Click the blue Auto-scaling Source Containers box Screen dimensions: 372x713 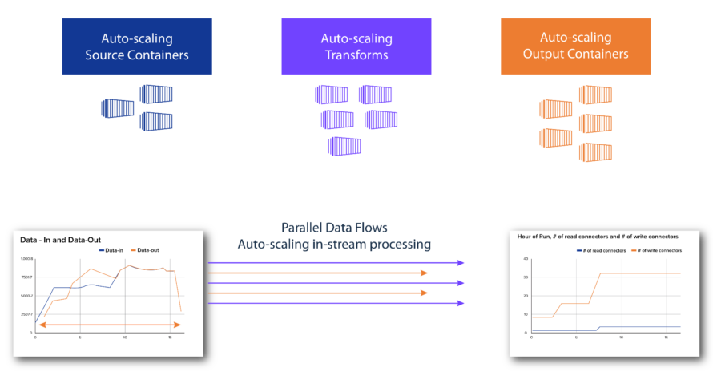(137, 46)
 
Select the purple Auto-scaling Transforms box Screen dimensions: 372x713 (356, 46)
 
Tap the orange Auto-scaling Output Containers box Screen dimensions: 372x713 (575, 46)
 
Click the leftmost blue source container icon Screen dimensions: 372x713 (117, 107)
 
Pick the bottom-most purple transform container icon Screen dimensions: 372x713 (345, 147)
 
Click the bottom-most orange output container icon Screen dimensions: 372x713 (595, 152)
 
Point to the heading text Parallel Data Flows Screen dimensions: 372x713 (334, 227)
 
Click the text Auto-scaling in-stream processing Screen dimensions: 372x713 (334, 244)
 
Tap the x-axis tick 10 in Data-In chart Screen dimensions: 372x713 (125, 338)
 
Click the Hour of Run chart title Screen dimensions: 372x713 (598, 237)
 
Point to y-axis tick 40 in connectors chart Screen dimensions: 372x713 (525, 259)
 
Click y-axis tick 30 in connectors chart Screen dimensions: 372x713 (525, 277)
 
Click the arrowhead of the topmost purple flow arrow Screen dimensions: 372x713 (461, 262)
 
